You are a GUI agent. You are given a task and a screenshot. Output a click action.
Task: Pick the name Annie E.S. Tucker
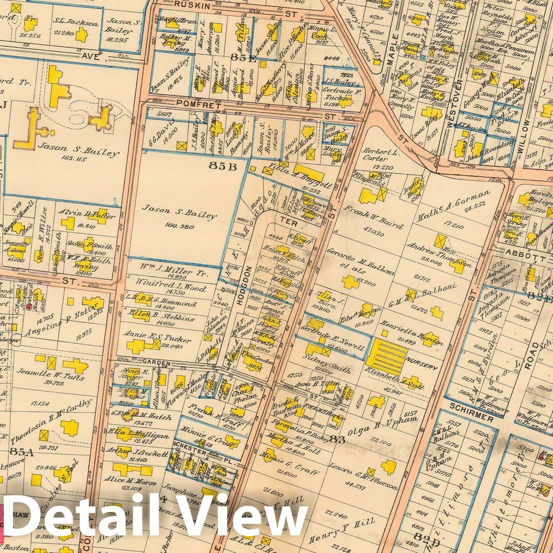[158, 339]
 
